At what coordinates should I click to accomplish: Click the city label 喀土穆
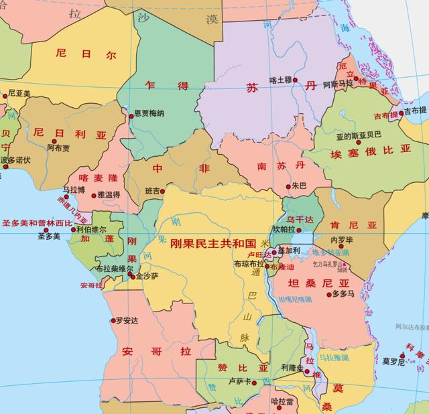pos(280,80)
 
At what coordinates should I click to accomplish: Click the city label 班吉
pos(151,192)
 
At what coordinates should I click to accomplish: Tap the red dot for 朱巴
pos(288,186)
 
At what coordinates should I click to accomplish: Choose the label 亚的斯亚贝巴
pos(359,135)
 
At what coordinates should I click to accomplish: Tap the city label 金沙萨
pos(147,275)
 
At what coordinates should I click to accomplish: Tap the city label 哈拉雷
pos(282,402)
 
